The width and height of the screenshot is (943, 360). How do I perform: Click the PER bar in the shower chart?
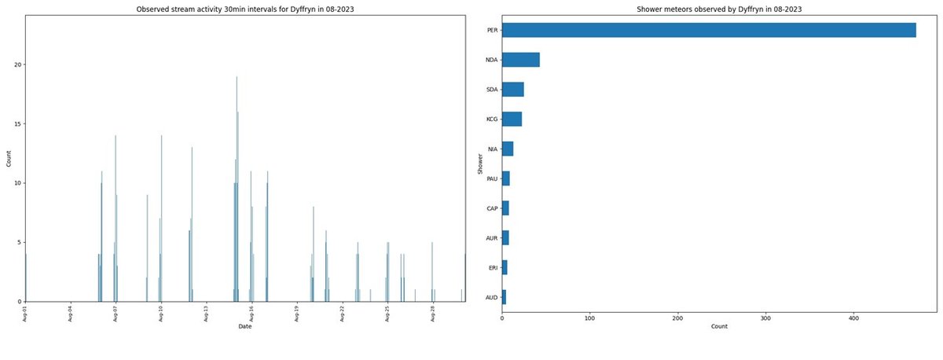tap(707, 30)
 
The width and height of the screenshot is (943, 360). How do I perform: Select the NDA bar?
tap(520, 60)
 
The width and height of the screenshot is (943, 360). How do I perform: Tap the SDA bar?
tap(512, 90)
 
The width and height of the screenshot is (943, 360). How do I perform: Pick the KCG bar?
tap(512, 119)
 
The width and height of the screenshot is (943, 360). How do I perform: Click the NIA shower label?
tap(492, 149)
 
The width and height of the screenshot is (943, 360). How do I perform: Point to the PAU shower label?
tap(492, 179)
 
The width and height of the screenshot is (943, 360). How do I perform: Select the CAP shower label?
tap(492, 209)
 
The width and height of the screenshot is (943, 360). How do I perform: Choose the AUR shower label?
tap(492, 239)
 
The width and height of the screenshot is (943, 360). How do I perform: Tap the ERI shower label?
tap(493, 268)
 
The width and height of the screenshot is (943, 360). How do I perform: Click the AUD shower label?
tap(492, 298)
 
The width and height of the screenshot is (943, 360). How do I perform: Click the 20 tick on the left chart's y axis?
tap(18, 64)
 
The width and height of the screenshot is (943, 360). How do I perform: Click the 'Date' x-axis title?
tap(245, 326)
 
